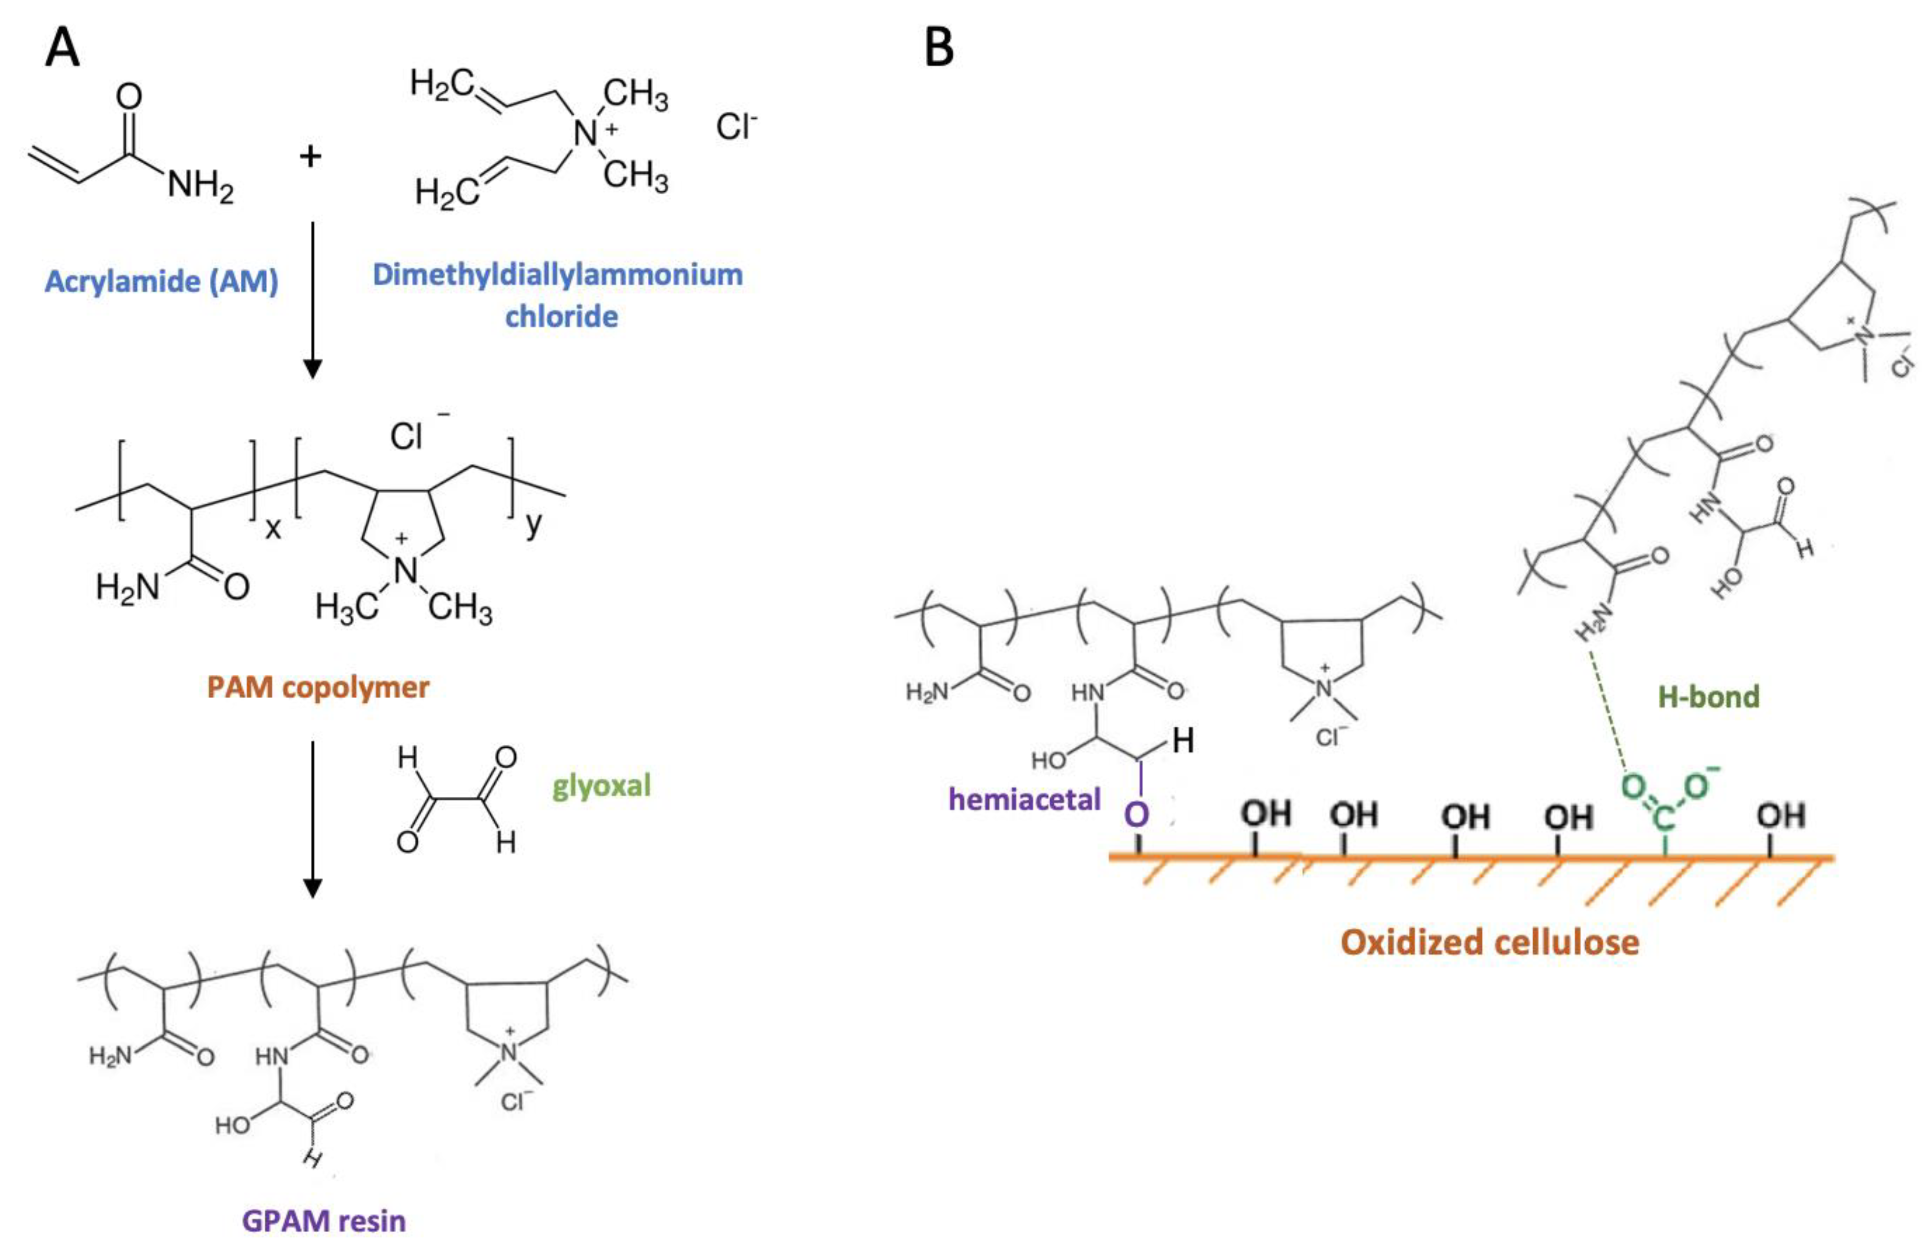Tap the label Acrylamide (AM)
(162, 281)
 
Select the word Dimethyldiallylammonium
(557, 275)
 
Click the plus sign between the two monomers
(310, 155)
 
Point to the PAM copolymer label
(318, 687)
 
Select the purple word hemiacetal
(1024, 800)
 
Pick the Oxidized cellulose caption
(1490, 942)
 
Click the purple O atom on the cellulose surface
(1137, 814)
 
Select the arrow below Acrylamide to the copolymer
(312, 299)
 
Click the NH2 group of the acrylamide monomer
(201, 187)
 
